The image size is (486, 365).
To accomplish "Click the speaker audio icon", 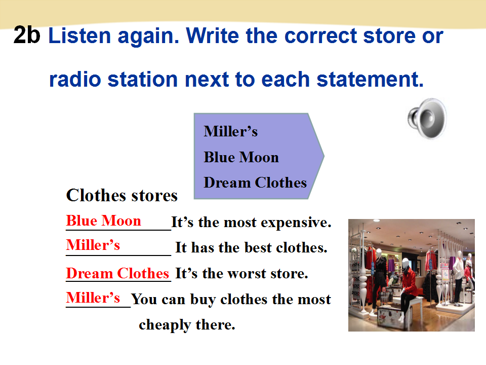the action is tap(427, 119).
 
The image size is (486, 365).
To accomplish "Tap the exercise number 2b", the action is tap(27, 35).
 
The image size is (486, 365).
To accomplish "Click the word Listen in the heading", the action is tap(79, 35).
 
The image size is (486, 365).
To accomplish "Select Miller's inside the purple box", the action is tap(231, 131).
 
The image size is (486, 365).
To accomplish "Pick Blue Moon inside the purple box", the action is tap(241, 157).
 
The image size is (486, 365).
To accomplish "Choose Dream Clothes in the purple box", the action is tap(255, 182).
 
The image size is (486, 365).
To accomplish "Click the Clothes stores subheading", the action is tap(122, 196).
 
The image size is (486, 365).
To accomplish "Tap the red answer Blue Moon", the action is tap(103, 221).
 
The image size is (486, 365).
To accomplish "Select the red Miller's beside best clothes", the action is tap(93, 245).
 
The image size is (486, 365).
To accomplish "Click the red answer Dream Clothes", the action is tap(117, 273).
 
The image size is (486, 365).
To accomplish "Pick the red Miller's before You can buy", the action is tap(93, 298).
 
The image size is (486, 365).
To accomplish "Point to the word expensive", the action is tap(296, 223).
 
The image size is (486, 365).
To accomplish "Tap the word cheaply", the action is tap(165, 325).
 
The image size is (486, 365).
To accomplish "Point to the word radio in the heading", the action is tap(75, 79).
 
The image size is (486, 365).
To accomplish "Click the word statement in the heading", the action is tap(370, 79).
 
